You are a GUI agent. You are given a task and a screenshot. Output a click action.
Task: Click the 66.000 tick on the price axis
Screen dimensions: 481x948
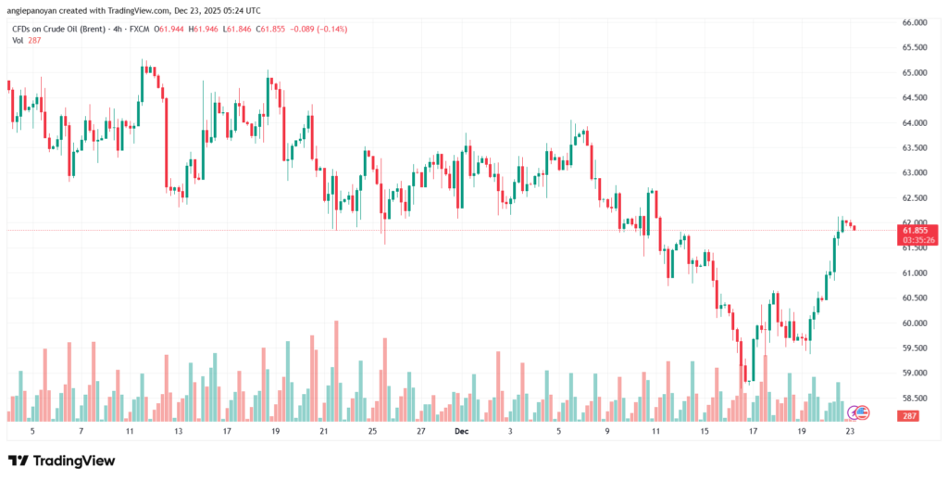pos(915,22)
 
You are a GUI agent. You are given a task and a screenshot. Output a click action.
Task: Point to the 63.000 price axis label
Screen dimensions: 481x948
pos(915,172)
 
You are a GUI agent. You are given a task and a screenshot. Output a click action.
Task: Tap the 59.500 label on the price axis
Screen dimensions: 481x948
pos(915,348)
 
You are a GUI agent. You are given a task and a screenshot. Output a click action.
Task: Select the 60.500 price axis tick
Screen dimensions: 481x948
pos(915,297)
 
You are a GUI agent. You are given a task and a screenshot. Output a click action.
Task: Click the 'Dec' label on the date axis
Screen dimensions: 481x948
pos(461,432)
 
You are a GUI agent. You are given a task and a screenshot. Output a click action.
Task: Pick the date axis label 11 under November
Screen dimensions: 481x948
pos(130,432)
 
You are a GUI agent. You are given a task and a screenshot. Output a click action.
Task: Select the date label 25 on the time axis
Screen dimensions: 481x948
pos(371,432)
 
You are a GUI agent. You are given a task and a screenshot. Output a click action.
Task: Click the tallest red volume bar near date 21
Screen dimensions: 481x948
pos(336,371)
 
